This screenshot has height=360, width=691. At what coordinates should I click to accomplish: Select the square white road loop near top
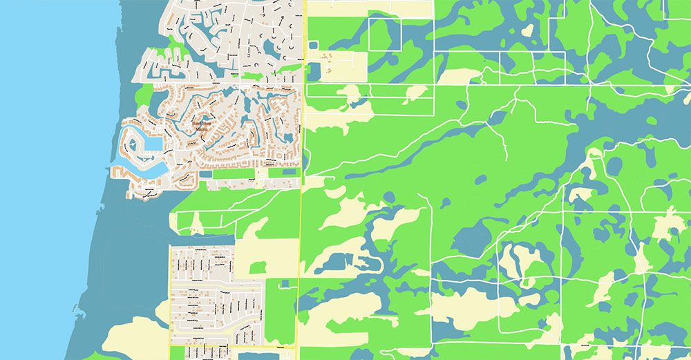(384, 34)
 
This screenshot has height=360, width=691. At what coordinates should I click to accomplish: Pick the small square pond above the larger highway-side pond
(312, 46)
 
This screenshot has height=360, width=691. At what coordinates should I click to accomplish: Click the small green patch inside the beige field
(258, 267)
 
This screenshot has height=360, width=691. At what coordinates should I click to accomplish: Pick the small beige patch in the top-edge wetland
(528, 31)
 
